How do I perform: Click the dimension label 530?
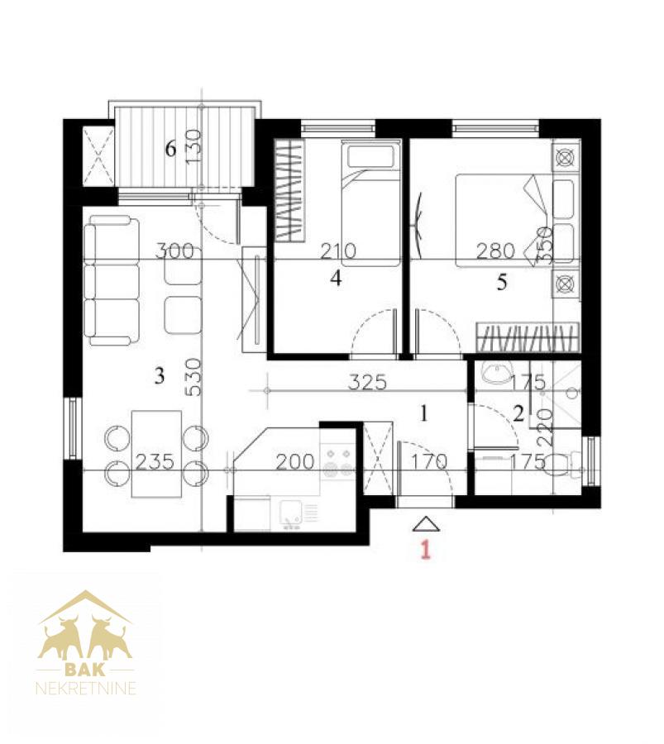click(x=194, y=377)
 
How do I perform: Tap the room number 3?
click(x=160, y=376)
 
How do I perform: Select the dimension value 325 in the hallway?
click(x=367, y=382)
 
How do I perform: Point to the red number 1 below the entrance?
click(x=426, y=550)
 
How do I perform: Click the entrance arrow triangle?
click(x=426, y=523)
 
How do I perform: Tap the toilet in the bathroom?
click(x=563, y=465)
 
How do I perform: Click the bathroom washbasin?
click(x=494, y=372)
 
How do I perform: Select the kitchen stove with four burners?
click(x=337, y=460)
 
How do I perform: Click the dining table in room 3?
click(x=156, y=454)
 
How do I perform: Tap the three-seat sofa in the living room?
click(x=112, y=280)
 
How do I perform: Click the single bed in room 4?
click(x=370, y=204)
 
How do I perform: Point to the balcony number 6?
click(x=170, y=149)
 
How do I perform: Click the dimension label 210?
click(x=338, y=250)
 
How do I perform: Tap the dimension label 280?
click(x=496, y=250)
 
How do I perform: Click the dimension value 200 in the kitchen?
click(x=295, y=461)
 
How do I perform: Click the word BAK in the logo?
click(x=85, y=670)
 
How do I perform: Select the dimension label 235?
click(x=155, y=461)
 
